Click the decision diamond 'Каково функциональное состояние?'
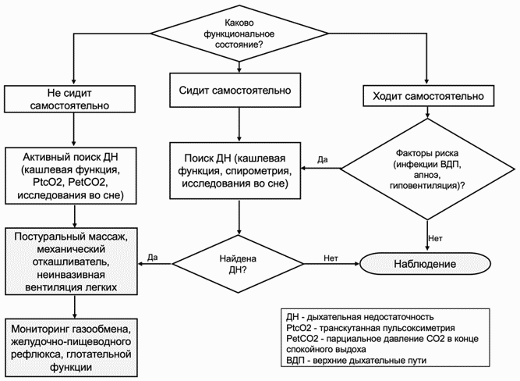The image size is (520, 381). [x=239, y=34]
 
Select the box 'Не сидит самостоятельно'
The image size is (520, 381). [x=69, y=99]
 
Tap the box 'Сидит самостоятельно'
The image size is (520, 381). [x=235, y=90]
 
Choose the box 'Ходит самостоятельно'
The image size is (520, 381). [x=428, y=96]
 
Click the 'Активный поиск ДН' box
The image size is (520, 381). [x=71, y=176]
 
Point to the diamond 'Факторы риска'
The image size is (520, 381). [x=427, y=169]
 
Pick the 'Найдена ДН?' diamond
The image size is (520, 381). [x=238, y=264]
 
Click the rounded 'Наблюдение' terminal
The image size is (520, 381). [x=425, y=264]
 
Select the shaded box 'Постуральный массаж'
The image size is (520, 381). [x=71, y=262]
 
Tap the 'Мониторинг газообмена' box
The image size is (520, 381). [x=71, y=347]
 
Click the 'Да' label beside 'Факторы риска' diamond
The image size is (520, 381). [x=322, y=159]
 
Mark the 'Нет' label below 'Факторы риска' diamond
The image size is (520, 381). [x=436, y=238]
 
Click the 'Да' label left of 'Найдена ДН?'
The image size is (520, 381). [x=153, y=258]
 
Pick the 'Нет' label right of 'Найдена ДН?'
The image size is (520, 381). [x=331, y=258]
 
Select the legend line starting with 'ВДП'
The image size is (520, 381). [x=356, y=360]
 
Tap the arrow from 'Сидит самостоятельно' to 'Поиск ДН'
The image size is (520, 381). [x=239, y=125]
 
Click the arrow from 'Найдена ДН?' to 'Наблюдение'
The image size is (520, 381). [x=332, y=264]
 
